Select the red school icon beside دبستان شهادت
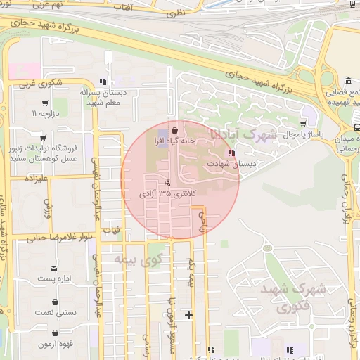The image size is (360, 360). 231,153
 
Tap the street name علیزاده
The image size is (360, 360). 35,179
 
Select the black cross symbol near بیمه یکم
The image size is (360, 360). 188,314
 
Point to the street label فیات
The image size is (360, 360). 112,229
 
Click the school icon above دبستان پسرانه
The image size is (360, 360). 104,82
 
